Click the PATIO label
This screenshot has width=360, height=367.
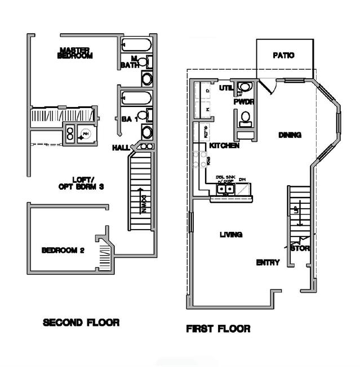(284, 56)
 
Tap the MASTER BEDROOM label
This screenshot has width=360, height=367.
(75, 53)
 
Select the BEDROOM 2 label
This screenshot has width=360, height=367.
(63, 250)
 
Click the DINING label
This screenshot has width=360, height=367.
(290, 135)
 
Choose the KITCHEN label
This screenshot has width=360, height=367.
(224, 146)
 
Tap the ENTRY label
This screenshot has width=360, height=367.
(268, 262)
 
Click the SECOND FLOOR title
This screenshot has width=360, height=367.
(81, 323)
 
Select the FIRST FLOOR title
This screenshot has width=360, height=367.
(218, 328)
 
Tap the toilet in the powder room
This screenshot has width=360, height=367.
(245, 118)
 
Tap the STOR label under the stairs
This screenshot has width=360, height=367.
(300, 248)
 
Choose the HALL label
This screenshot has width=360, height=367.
(121, 147)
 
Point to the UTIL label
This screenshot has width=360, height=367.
(226, 88)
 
